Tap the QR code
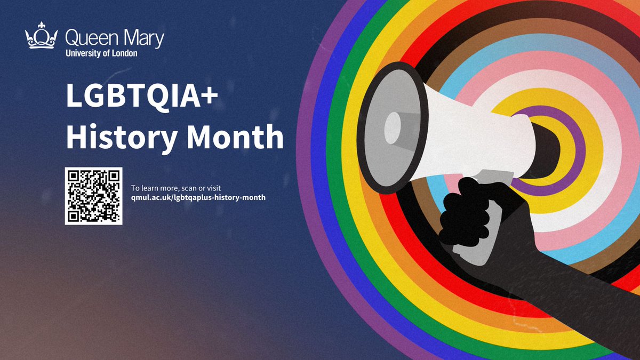point(94,196)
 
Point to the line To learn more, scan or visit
point(176,188)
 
